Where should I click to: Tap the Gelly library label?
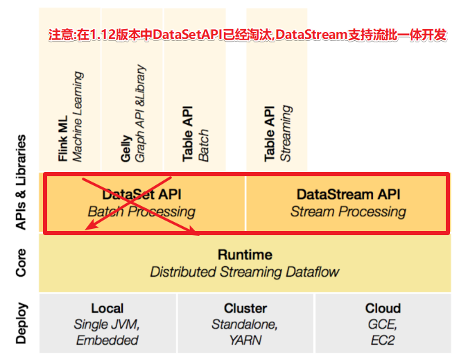coord(125,146)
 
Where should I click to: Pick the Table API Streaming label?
coord(270,133)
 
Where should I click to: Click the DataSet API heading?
coord(141,195)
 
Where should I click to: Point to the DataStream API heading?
coord(348,195)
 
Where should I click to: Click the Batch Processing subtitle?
coord(141,212)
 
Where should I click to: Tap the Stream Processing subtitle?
coord(348,212)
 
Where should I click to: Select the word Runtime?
coord(245,255)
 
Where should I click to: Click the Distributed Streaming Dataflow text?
coord(245,271)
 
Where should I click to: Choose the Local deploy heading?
coord(107,308)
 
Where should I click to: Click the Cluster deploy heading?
coord(245,308)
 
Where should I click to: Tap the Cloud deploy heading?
coord(383,308)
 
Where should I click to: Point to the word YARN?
coord(245,340)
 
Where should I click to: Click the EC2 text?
coord(383,340)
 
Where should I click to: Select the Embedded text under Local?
coord(107,340)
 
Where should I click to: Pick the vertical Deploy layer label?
coord(21,323)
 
